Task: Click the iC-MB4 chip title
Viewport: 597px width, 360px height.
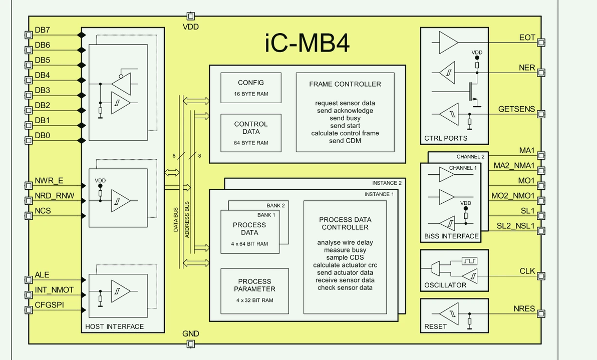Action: [307, 44]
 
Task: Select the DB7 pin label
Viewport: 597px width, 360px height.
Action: [43, 30]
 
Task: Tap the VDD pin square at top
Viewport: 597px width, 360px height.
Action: [190, 16]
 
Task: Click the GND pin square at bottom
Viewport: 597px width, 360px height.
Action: [190, 343]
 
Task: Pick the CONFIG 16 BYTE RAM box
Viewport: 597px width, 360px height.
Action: [251, 88]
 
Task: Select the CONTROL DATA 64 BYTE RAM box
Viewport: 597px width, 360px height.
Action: [251, 132]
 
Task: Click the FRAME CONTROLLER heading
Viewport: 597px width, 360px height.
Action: [345, 84]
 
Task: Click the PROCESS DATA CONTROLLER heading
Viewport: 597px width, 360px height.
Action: [345, 223]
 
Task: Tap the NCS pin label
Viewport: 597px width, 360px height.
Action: [43, 211]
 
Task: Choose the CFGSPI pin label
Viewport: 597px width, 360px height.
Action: [49, 305]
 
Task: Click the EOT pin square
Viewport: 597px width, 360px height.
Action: [540, 43]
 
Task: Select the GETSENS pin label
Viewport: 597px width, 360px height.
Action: [516, 109]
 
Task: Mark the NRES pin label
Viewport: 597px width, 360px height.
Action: [524, 309]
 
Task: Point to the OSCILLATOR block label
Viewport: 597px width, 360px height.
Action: [445, 285]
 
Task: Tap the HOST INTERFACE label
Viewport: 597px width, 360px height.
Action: [114, 326]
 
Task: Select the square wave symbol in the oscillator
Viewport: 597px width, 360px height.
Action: [469, 261]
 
